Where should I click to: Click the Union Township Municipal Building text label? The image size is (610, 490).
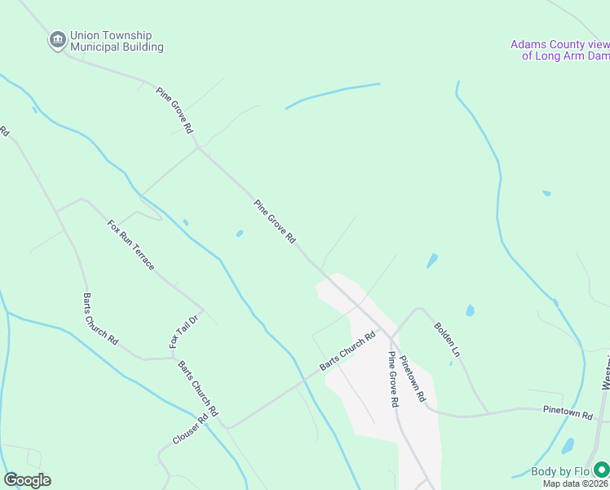(x=117, y=42)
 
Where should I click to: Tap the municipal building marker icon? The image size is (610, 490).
(x=57, y=39)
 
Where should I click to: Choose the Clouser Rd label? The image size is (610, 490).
(x=190, y=429)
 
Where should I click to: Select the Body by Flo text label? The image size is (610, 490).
(x=560, y=471)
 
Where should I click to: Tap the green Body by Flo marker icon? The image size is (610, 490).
(x=601, y=470)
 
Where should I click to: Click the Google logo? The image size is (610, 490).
(x=27, y=480)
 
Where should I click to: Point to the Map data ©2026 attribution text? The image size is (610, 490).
(x=576, y=483)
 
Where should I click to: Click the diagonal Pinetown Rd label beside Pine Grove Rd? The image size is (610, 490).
(x=413, y=378)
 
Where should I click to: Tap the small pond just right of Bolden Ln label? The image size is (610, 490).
(x=470, y=311)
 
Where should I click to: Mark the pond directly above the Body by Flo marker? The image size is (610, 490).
(x=568, y=446)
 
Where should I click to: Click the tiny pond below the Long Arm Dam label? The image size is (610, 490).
(x=546, y=194)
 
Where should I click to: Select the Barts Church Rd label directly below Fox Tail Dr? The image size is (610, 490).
(x=199, y=390)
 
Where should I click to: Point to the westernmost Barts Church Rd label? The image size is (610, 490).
(x=101, y=318)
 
